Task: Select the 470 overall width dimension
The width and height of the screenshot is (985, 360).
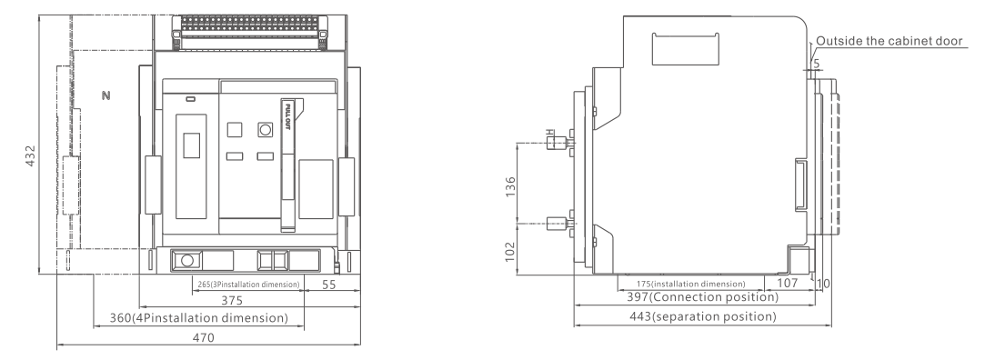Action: click(x=203, y=337)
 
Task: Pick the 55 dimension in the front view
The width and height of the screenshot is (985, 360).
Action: click(x=328, y=284)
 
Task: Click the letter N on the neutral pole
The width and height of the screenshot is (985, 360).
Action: click(x=106, y=96)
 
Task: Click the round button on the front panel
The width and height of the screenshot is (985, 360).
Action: click(x=265, y=129)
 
